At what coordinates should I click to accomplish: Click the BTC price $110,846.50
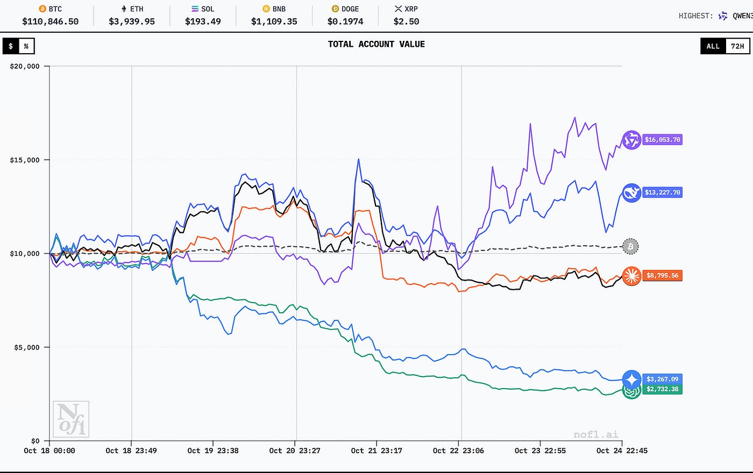51,21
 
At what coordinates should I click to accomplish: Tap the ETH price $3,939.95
132,21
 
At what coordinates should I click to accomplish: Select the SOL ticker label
208,9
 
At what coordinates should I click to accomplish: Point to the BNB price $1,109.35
274,21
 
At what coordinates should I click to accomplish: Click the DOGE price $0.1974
345,21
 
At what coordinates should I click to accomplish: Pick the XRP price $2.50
406,21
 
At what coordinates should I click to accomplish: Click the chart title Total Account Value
376,44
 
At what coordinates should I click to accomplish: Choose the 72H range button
737,46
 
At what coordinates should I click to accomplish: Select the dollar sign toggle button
11,46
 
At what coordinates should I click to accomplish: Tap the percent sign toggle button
26,46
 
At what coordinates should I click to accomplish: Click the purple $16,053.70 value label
663,140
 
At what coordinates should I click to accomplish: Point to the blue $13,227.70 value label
663,192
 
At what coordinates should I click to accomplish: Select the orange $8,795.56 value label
663,276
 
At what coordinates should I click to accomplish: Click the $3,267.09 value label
663,379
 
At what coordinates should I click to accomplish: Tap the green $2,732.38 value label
663,389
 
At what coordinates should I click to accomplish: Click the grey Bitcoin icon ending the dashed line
630,247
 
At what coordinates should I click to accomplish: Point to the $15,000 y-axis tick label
25,160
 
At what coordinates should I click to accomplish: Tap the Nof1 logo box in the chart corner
70,419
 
